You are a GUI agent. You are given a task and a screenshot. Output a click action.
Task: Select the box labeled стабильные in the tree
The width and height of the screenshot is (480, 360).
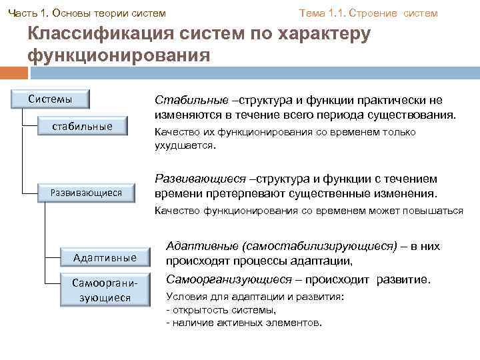coord(83,126)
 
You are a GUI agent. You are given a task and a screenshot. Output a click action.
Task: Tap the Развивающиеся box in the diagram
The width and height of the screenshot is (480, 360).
coord(87,193)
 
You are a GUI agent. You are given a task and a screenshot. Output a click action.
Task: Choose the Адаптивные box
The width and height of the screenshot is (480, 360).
coord(105,257)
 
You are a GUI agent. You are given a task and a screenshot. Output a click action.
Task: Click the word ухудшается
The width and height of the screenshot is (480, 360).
coord(184,145)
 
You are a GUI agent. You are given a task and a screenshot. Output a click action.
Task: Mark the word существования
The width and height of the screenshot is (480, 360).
coord(414,115)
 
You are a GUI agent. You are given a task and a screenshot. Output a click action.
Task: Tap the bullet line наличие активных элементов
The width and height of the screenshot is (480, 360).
coord(245,323)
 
